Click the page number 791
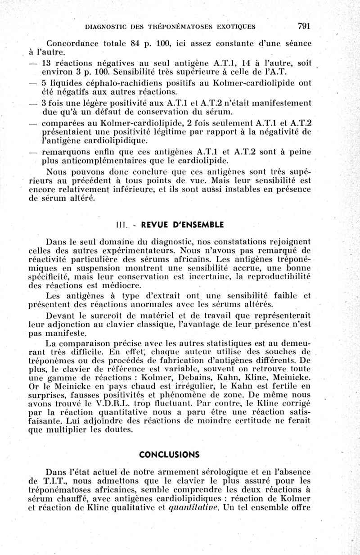(x=304, y=26)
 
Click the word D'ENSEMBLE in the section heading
(x=197, y=225)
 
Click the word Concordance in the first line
(x=75, y=44)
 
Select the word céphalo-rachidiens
(x=109, y=83)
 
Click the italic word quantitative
(x=193, y=509)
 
